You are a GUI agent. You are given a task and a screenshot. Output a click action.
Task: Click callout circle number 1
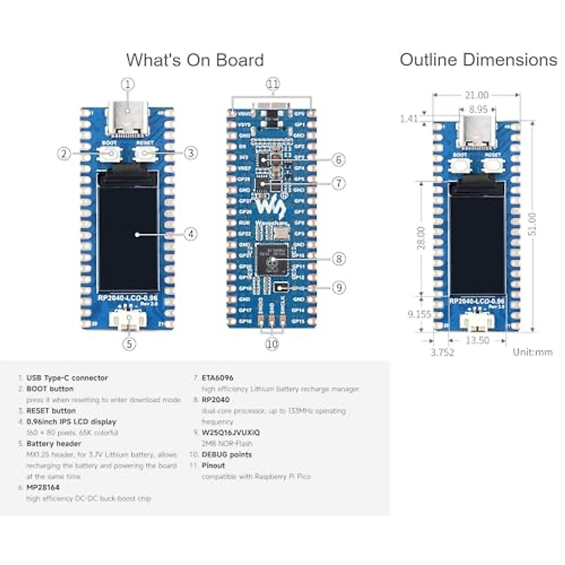(x=128, y=85)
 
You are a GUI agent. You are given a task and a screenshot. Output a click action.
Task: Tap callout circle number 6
(x=339, y=160)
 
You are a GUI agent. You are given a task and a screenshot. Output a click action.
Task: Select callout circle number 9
(x=339, y=287)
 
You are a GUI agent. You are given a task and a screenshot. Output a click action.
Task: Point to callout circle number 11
(x=273, y=84)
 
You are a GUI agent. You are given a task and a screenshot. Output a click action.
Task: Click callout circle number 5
(x=129, y=344)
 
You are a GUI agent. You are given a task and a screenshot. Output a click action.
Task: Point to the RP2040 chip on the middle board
(x=272, y=259)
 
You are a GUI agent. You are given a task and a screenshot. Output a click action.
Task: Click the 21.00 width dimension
(x=476, y=96)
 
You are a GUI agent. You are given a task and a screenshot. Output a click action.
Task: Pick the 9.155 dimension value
(x=419, y=314)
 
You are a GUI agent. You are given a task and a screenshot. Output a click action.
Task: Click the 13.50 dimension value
(x=477, y=340)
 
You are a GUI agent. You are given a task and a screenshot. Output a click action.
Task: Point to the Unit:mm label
(x=533, y=352)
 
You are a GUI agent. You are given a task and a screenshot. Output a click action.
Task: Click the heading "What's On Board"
(x=195, y=60)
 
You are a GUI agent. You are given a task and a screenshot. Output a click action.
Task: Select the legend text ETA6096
(x=217, y=378)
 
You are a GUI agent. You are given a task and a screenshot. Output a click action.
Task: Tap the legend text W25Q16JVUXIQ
(x=231, y=432)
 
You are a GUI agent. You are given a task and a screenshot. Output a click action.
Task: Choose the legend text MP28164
(x=43, y=487)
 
